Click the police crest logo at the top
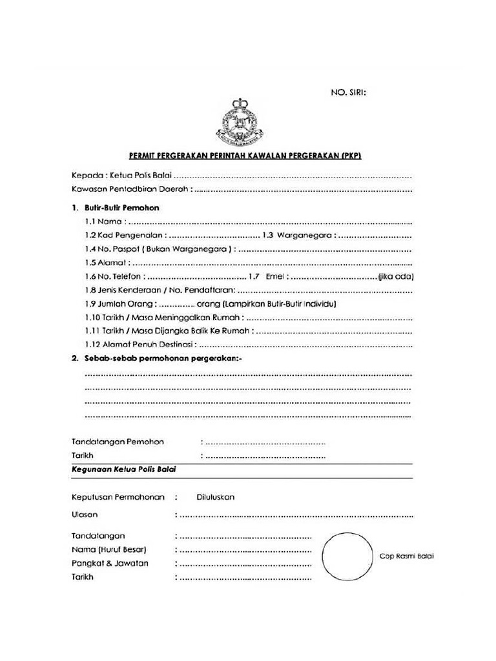(240, 121)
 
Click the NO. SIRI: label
(348, 92)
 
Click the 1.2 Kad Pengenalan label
(124, 236)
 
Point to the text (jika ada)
(395, 277)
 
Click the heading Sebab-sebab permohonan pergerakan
(160, 358)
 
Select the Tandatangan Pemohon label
(117, 442)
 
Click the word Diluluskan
(215, 498)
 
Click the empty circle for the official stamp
(347, 556)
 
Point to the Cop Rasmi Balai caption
(406, 556)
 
